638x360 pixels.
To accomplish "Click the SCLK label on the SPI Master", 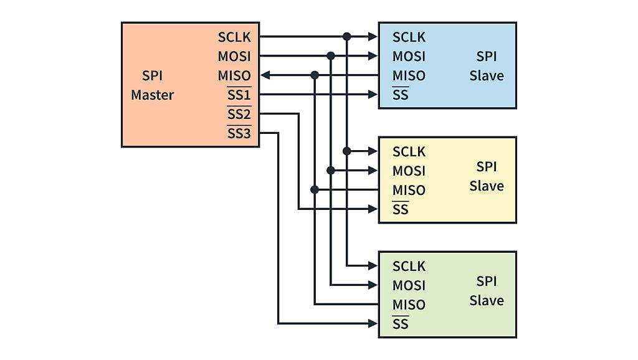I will coord(234,37).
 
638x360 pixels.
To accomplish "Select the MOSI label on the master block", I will coord(234,57).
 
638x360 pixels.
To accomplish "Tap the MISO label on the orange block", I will coord(234,76).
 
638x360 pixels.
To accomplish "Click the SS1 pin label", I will coord(239,95).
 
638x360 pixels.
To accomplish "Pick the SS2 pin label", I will coord(239,115).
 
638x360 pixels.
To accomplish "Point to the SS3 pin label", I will coord(239,134).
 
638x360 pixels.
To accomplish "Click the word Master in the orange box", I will coord(152,95).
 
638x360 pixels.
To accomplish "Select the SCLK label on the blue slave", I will coord(409,37).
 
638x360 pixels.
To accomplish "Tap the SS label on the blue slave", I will coord(400,95).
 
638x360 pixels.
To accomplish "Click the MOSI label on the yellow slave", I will coord(409,171).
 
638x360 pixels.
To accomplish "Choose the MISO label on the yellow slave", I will coord(409,191).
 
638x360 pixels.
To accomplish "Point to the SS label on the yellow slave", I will coord(400,210).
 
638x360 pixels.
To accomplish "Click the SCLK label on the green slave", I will coord(409,267).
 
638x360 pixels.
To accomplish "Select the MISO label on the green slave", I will coord(409,305).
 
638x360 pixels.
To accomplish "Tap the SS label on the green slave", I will coord(400,324).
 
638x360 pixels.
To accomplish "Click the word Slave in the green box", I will coord(487,301).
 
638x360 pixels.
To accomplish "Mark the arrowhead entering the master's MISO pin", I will coord(264,75).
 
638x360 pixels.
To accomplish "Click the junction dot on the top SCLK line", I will coord(347,37).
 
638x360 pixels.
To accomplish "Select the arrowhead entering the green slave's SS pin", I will coord(373,323).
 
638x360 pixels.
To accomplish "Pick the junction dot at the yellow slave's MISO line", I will coord(315,189).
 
